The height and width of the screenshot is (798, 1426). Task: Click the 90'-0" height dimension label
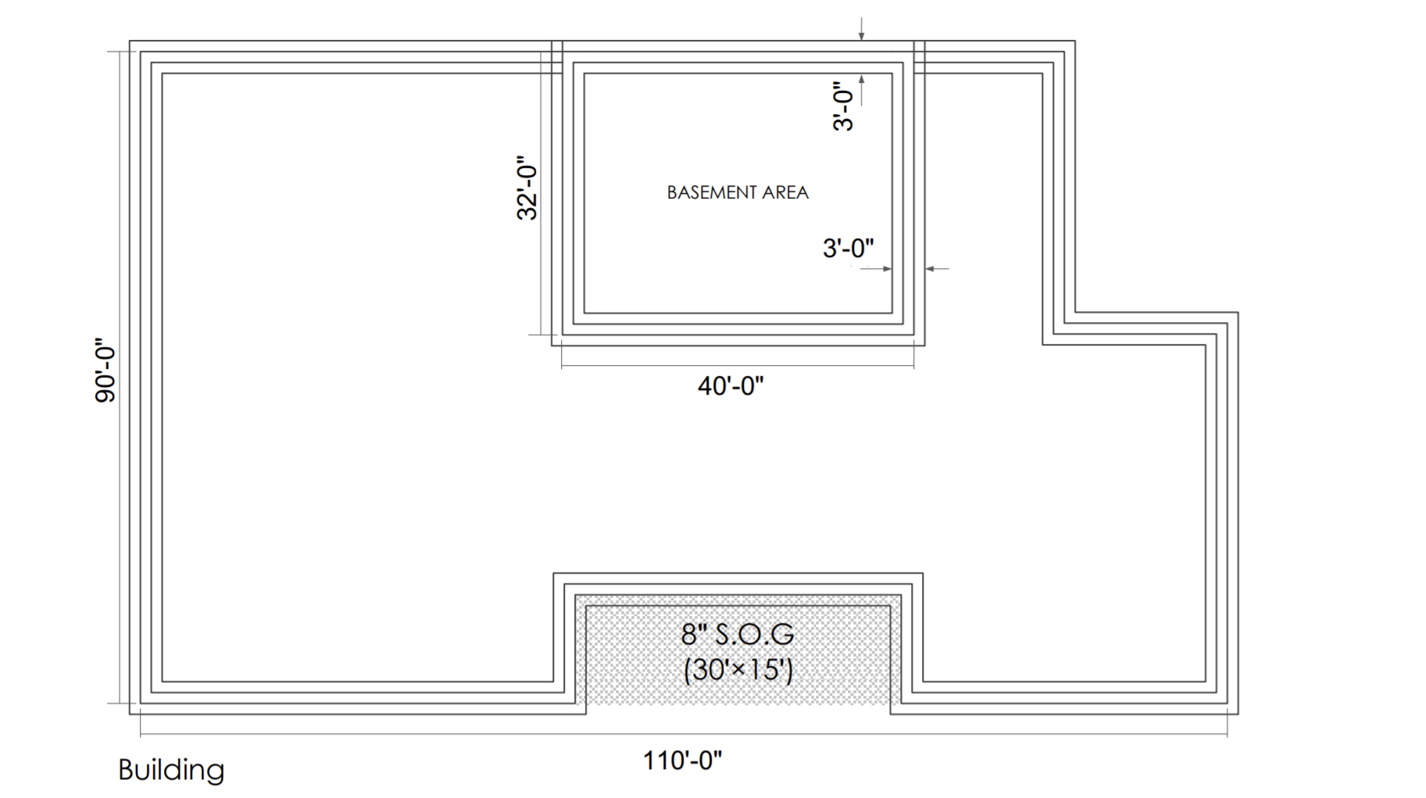coord(105,370)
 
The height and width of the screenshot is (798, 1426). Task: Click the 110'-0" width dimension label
coord(682,760)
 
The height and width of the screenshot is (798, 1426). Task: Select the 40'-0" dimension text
coord(730,385)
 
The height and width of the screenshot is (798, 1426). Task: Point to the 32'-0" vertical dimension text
coord(527,188)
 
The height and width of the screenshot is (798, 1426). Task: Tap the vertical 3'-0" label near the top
coord(842,106)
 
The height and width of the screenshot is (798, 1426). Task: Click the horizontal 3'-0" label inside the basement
coord(848,249)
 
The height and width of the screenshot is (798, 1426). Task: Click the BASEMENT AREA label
coord(737,192)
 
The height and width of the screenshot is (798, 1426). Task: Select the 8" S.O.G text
coord(737,634)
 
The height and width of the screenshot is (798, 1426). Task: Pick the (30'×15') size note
coord(738,670)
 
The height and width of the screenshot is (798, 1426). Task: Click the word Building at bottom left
coord(171,770)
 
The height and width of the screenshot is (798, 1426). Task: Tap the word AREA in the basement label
coord(785,192)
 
